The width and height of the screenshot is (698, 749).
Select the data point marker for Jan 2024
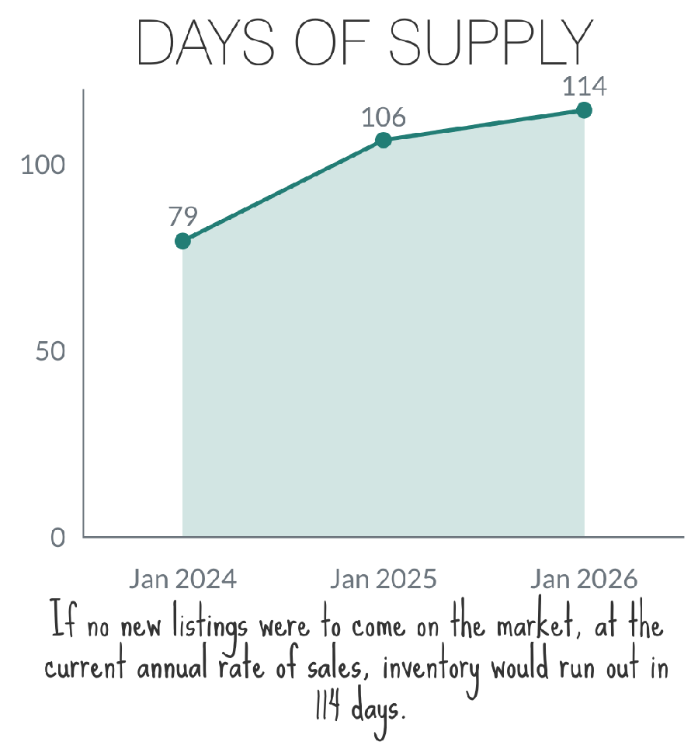click(x=182, y=241)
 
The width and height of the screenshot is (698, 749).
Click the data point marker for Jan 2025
click(x=383, y=140)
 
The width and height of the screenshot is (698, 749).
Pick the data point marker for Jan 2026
click(x=584, y=110)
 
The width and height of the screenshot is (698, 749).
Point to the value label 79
click(x=182, y=215)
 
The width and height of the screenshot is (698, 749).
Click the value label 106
click(x=383, y=117)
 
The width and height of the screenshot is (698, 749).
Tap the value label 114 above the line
click(x=584, y=85)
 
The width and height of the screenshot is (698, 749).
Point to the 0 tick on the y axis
click(x=58, y=537)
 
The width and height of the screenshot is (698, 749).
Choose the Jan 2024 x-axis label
click(x=182, y=580)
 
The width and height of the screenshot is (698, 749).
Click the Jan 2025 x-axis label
click(x=383, y=580)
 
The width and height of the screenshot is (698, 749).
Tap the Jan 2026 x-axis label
click(x=584, y=580)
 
